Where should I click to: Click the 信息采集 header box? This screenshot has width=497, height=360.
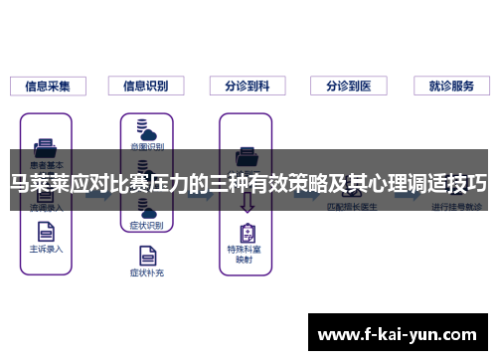click(x=48, y=87)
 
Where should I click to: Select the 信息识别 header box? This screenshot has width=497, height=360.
click(x=147, y=87)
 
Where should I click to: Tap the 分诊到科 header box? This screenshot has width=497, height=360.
click(x=247, y=87)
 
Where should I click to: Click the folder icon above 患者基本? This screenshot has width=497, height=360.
click(x=47, y=145)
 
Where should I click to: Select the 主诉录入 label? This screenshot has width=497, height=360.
click(x=47, y=249)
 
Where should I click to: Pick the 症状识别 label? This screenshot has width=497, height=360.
click(x=147, y=226)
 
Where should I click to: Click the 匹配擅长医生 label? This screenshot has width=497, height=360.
click(x=349, y=208)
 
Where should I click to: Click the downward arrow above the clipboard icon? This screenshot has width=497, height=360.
click(x=247, y=206)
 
